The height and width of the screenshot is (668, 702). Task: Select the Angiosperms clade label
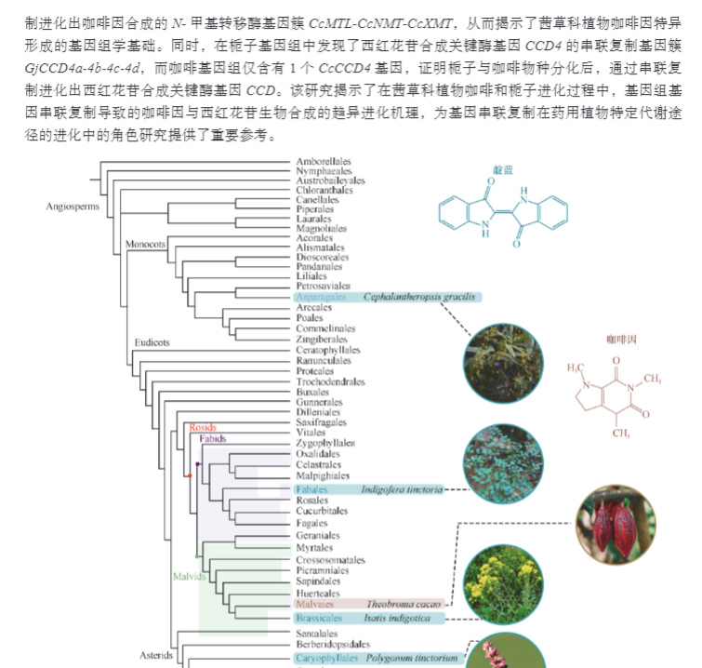point(73,207)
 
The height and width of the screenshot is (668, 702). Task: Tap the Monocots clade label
point(146,243)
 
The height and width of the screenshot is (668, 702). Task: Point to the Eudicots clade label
point(152,342)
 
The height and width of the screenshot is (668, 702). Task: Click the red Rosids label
point(203,428)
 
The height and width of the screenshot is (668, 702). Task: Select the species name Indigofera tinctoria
point(403,489)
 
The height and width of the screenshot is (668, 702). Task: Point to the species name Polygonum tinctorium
point(413,659)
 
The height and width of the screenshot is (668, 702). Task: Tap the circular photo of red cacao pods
point(616,522)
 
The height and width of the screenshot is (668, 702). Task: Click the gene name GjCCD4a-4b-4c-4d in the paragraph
point(82,69)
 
